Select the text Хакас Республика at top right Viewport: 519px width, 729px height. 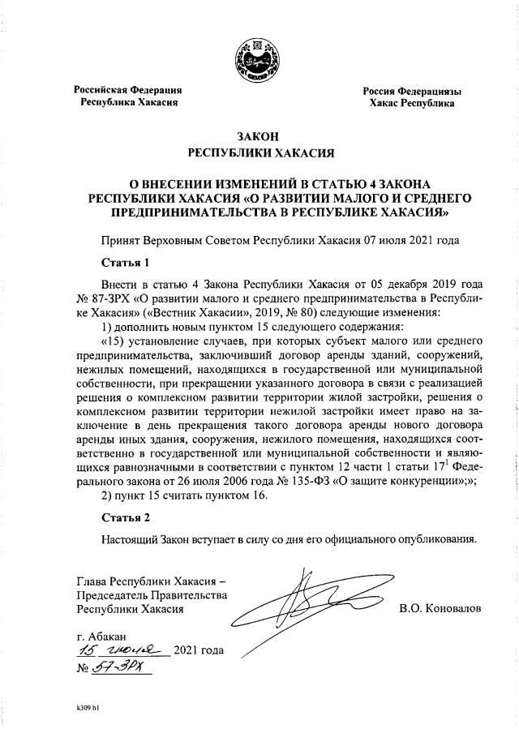pyautogui.click(x=412, y=105)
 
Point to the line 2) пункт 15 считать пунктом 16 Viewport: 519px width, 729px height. pyautogui.click(x=183, y=495)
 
